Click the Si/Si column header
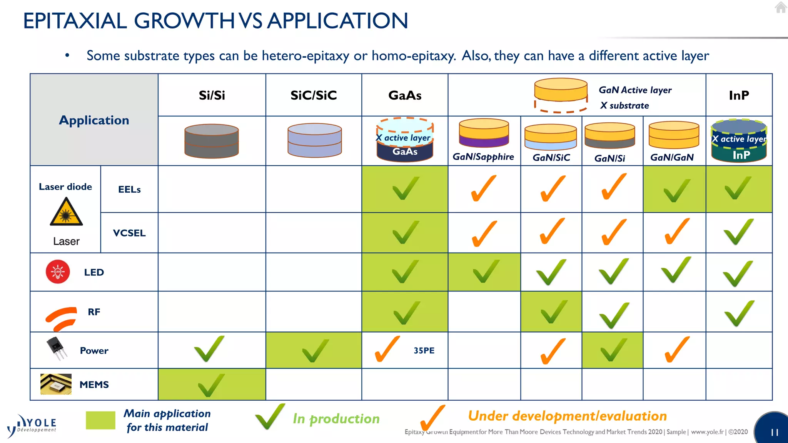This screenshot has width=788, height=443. point(212,95)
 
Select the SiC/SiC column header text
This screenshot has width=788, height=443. point(314,95)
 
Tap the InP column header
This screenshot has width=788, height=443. point(739,95)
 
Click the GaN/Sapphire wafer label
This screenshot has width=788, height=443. point(483,157)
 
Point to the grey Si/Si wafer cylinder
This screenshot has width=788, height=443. point(212,141)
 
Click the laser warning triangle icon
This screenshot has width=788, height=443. point(66,212)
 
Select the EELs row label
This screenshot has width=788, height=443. point(129,190)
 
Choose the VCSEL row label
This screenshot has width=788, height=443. point(129,233)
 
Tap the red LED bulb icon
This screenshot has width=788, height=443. point(58,272)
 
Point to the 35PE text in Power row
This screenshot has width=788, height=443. point(424,351)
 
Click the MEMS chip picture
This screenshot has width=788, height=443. point(56,384)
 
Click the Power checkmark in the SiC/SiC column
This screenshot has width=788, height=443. point(315,350)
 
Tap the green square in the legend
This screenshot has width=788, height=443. point(100,420)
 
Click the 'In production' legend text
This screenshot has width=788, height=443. point(336,419)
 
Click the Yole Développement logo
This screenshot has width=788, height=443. point(33,425)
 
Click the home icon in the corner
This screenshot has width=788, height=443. point(781,7)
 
